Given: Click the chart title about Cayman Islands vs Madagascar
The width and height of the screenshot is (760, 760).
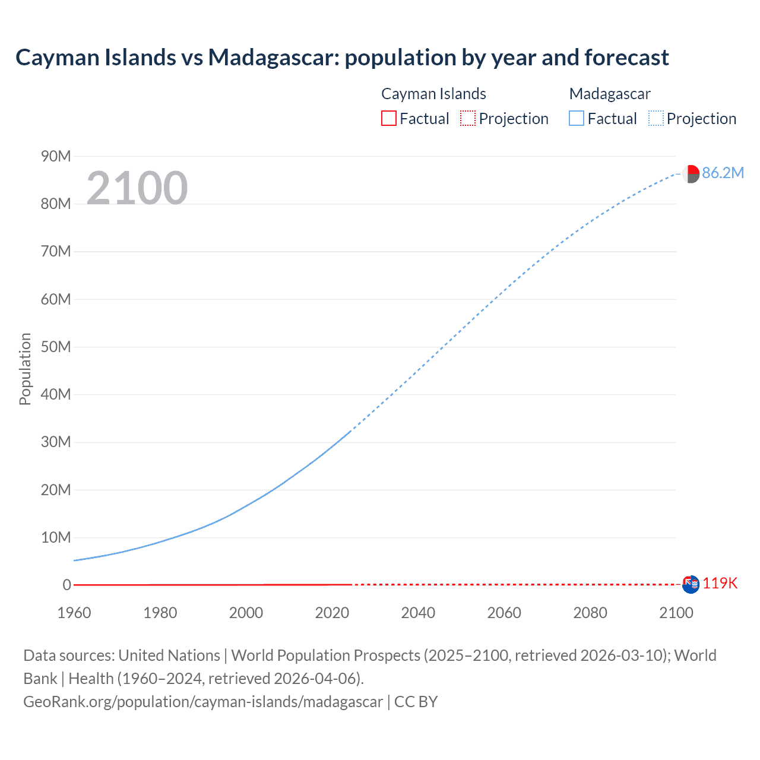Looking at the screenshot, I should pos(342,58).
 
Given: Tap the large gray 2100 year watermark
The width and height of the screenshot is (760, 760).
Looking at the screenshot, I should pos(137,188).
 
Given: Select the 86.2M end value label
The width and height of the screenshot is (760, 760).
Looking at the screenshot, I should pos(723,173).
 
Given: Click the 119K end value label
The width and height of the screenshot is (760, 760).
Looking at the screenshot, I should pos(720,584).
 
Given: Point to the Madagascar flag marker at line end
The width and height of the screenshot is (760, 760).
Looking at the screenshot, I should pos(691,174).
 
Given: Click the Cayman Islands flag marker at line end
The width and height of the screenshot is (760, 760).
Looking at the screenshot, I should pos(691,584).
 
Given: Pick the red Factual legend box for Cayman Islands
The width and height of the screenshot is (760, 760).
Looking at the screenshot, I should pos(389,119).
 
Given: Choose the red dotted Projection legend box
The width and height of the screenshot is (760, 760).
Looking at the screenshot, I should pos(468,119).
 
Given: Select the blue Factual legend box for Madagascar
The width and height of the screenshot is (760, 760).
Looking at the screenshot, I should pos(577,119).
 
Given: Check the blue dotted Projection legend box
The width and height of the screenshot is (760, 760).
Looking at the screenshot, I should pos(656,119).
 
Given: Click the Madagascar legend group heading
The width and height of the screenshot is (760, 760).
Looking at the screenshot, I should pos(610,94).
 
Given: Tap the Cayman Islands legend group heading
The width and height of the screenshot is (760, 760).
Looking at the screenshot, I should pos(433,94).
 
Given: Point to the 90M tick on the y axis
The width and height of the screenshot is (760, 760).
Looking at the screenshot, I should pos(56,156).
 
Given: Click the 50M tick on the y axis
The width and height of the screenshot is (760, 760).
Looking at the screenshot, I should pos(56,347).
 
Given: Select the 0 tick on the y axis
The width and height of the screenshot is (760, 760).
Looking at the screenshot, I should pos(66,585).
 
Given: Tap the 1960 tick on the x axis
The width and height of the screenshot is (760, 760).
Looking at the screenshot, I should pos(74,613).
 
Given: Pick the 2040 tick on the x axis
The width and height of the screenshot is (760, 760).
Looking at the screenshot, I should pos(418,613).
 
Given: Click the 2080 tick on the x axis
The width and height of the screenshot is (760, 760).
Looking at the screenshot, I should pos(590,613).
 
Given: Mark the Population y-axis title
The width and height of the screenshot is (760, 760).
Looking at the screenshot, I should pos(25,369).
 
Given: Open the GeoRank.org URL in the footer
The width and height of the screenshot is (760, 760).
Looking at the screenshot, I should pos(203,702).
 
